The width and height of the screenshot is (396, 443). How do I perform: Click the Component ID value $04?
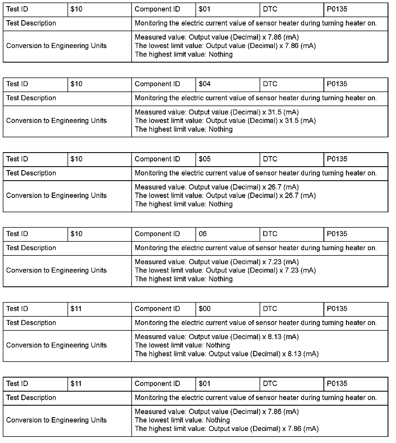click(204, 84)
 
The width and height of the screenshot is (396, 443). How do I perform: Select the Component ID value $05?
click(204, 159)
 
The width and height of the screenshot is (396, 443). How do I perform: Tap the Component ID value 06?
click(202, 234)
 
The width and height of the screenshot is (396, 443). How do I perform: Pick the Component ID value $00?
click(204, 309)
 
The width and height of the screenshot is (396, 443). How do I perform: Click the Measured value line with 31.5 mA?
click(217, 112)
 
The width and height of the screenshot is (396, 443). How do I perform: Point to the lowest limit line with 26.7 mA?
click(225, 196)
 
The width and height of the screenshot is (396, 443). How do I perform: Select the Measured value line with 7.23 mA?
click(217, 262)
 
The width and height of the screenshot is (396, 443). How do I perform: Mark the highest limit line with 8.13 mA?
click(226, 354)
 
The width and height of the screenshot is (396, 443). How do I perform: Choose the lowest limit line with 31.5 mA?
click(225, 121)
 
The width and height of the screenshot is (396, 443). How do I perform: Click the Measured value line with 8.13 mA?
click(217, 337)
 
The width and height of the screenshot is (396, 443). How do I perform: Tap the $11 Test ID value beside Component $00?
click(76, 309)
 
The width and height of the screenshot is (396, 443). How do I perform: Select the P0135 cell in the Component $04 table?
click(337, 84)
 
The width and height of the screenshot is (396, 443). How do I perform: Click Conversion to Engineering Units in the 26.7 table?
click(56, 196)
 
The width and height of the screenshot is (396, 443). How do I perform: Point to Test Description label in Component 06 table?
click(31, 248)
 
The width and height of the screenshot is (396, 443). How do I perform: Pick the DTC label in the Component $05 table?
click(270, 159)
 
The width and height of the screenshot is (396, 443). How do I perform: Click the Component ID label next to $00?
click(157, 309)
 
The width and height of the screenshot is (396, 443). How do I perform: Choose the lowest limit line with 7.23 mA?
click(225, 270)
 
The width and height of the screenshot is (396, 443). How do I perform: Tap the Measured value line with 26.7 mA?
click(217, 187)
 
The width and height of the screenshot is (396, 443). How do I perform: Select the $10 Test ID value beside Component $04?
click(76, 84)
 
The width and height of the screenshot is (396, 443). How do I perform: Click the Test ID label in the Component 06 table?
click(17, 234)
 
